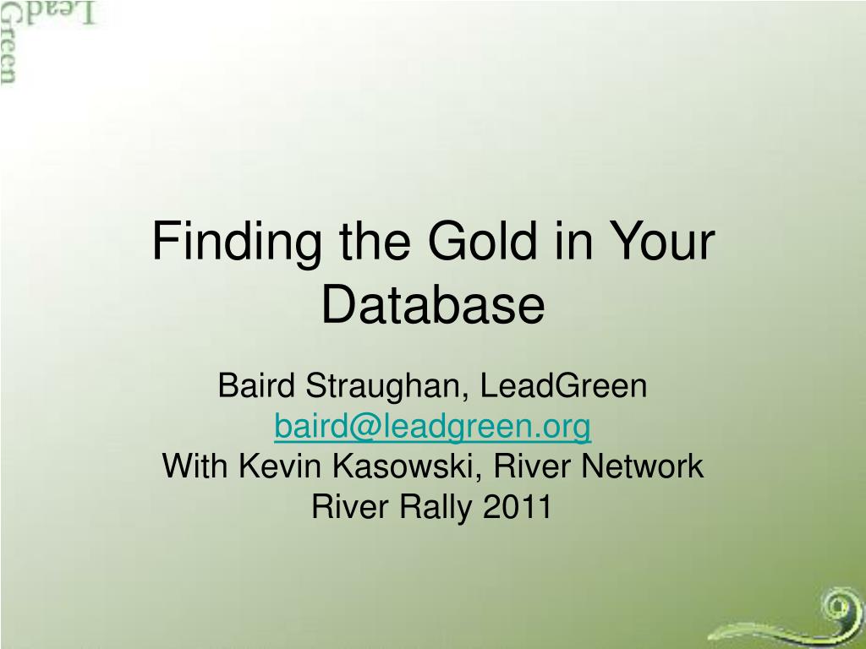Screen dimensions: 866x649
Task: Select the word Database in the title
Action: [x=433, y=304]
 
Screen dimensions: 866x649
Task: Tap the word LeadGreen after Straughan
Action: [x=563, y=384]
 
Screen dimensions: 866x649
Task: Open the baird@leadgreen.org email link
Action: [x=432, y=427]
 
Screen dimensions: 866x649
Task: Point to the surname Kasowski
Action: [x=407, y=466]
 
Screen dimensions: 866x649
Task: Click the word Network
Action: [x=643, y=466]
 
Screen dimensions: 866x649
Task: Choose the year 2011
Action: [x=518, y=506]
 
